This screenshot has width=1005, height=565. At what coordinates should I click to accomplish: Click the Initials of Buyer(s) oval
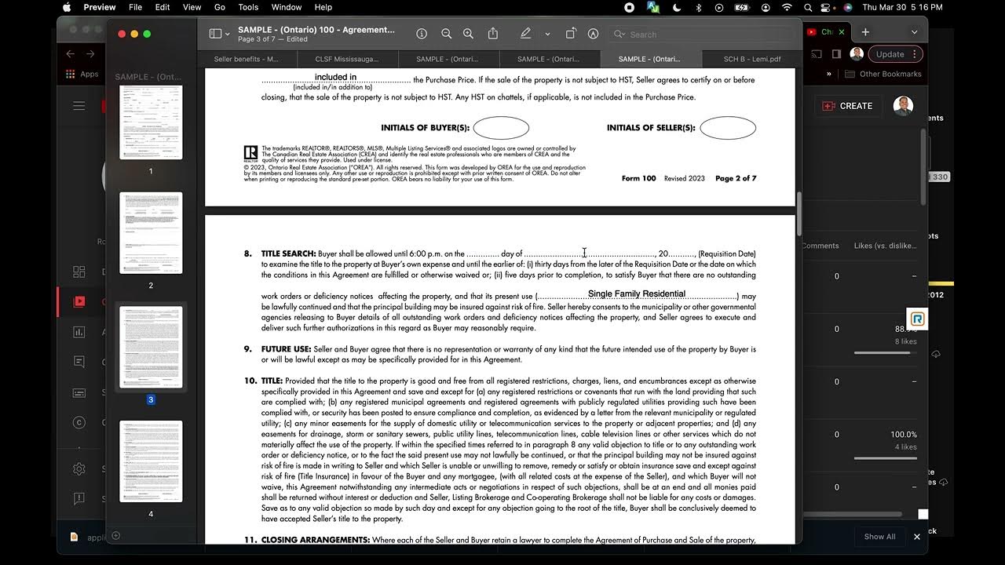click(501, 128)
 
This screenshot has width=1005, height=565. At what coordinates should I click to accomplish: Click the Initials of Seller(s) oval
click(728, 128)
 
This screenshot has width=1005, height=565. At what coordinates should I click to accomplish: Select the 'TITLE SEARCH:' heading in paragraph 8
click(288, 254)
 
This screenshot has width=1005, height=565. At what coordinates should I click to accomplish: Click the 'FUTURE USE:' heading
click(286, 349)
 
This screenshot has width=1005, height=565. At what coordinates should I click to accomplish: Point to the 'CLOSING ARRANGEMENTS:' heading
click(315, 541)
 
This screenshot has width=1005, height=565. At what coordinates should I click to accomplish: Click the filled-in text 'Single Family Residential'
click(637, 294)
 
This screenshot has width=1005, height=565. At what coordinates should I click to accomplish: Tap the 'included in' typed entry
click(335, 77)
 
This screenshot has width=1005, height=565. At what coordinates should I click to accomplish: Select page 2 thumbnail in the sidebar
click(151, 233)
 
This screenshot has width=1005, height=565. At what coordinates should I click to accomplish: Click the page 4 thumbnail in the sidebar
click(151, 461)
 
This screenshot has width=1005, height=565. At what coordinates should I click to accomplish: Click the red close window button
click(122, 34)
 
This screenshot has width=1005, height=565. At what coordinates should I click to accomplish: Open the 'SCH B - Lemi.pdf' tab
click(752, 59)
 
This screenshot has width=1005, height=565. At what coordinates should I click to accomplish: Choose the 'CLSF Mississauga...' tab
click(346, 59)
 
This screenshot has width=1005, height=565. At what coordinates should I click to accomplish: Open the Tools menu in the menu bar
click(248, 7)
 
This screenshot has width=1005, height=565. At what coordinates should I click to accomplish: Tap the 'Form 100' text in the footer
click(638, 179)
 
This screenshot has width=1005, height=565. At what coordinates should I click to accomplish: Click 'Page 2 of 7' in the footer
click(736, 179)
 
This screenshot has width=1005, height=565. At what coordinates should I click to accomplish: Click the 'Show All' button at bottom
click(879, 537)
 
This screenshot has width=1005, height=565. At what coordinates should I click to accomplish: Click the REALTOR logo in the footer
click(250, 153)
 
